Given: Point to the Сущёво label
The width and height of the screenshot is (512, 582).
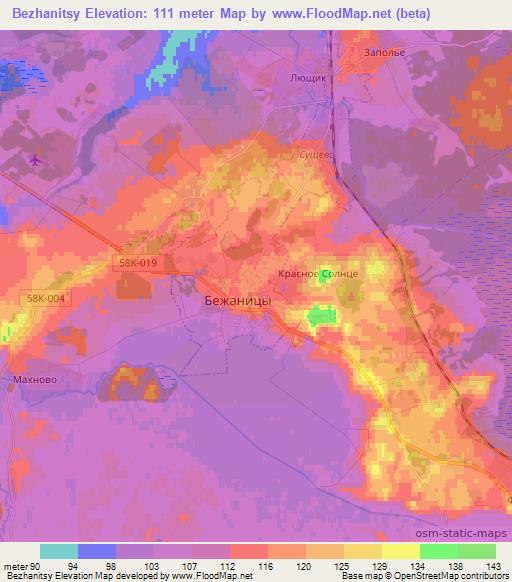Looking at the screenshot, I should click(x=320, y=156).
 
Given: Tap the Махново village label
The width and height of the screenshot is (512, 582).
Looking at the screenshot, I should click(x=32, y=380).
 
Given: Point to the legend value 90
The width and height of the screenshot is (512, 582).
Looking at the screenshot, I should click(x=35, y=565).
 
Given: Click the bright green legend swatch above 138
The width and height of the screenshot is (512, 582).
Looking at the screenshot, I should click(x=438, y=551).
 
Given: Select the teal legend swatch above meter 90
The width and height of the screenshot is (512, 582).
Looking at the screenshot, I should click(x=59, y=551).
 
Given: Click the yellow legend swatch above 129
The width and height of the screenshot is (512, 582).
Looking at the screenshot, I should click(x=362, y=551).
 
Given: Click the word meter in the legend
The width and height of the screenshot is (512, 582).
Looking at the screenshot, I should click(x=14, y=565).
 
